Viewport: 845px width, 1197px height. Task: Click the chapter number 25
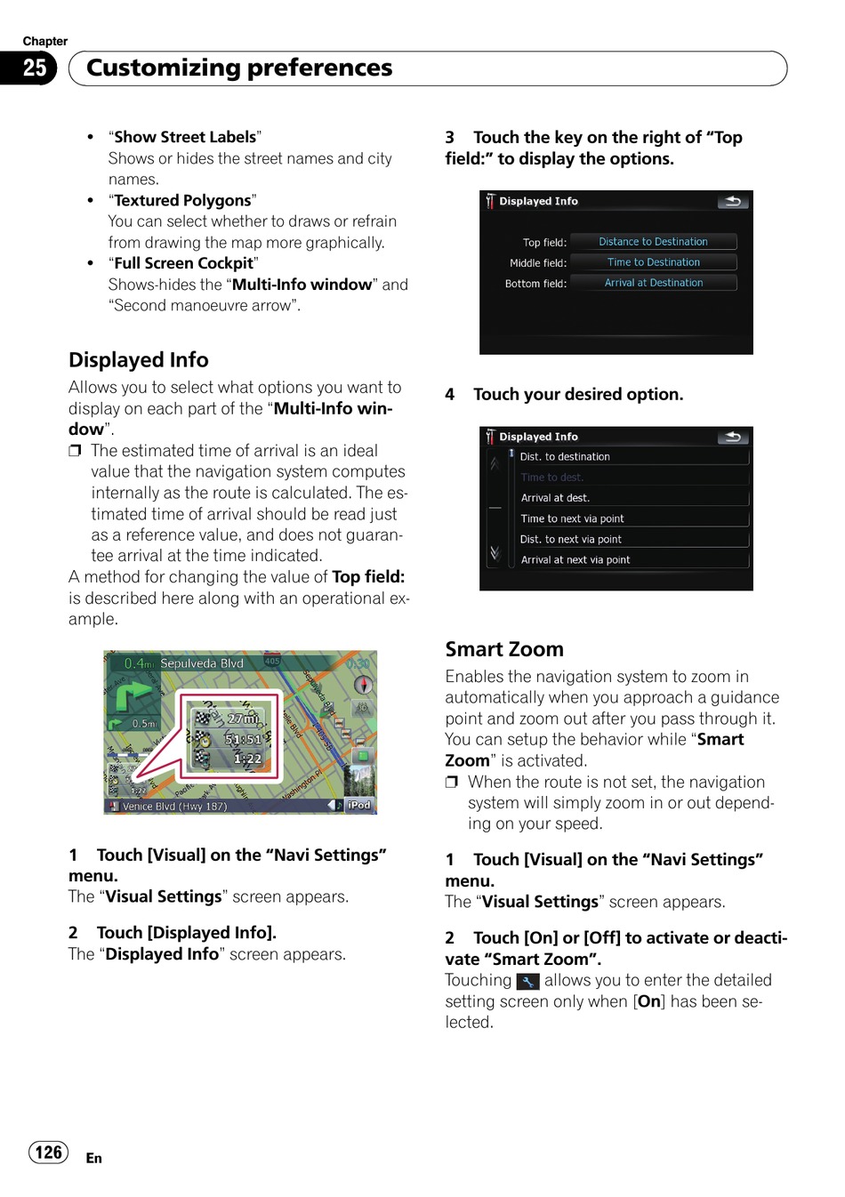(x=34, y=68)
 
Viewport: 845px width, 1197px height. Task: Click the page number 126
(x=48, y=1153)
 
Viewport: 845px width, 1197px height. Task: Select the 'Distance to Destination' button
(x=653, y=242)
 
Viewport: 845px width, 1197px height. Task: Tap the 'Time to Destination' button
(x=653, y=262)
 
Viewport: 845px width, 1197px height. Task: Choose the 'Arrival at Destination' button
(x=653, y=283)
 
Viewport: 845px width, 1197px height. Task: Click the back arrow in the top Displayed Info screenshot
(x=733, y=202)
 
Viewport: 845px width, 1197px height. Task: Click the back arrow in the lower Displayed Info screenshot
(x=733, y=437)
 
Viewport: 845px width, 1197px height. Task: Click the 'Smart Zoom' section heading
(x=504, y=649)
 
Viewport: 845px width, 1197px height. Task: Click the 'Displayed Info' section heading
(x=139, y=360)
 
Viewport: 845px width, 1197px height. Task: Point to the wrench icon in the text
(x=528, y=982)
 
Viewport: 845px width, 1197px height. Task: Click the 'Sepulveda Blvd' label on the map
(x=202, y=663)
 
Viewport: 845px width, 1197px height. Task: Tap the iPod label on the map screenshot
(x=358, y=805)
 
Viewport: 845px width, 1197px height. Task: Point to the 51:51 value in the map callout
(x=243, y=739)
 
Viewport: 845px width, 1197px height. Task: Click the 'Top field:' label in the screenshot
(x=544, y=243)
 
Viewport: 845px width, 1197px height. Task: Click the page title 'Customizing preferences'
(x=239, y=68)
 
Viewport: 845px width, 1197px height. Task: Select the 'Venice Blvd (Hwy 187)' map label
(x=174, y=807)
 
